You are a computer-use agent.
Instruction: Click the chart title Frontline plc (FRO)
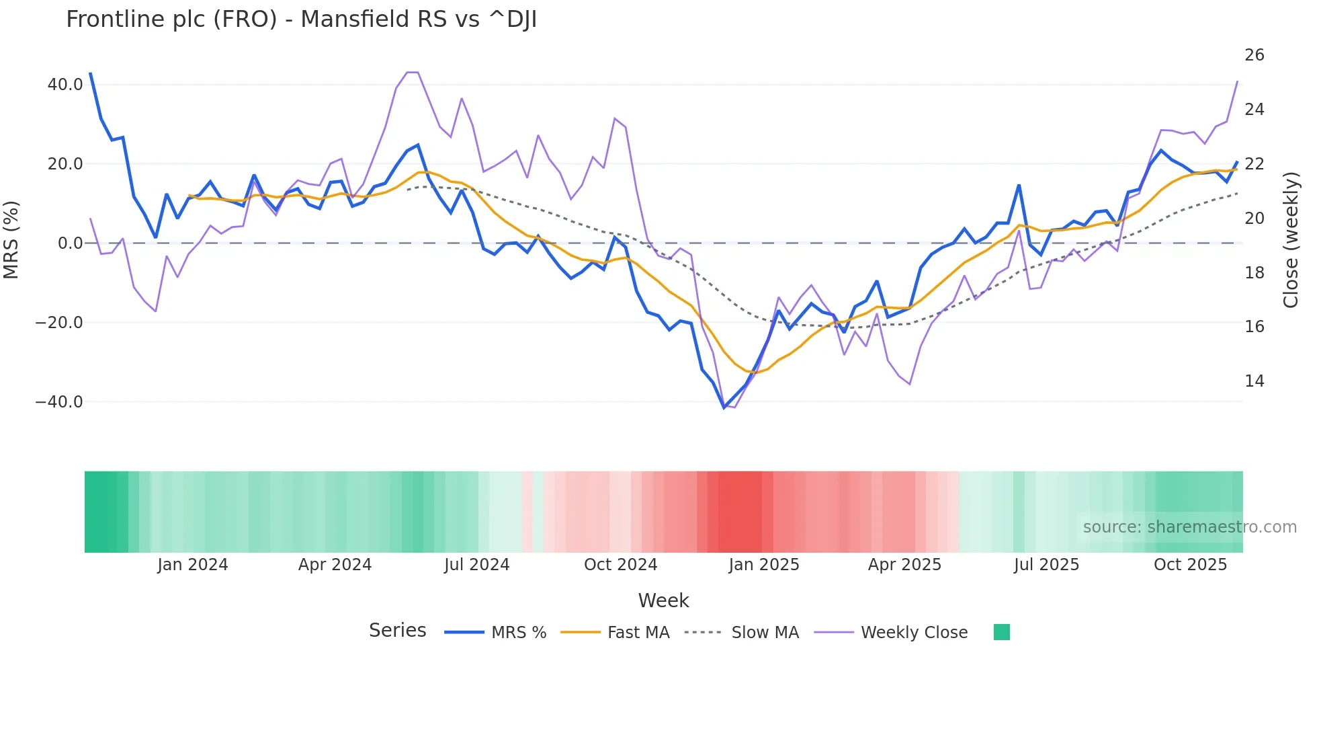pyautogui.click(x=301, y=19)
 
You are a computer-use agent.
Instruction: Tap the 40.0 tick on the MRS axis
pyautogui.click(x=65, y=85)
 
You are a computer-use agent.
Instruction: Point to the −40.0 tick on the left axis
pyautogui.click(x=59, y=402)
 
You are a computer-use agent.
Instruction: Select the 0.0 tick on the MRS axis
pyautogui.click(x=70, y=243)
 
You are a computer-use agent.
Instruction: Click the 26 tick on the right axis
pyautogui.click(x=1254, y=55)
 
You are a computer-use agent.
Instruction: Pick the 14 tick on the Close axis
pyautogui.click(x=1254, y=381)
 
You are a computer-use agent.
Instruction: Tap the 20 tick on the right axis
pyautogui.click(x=1254, y=219)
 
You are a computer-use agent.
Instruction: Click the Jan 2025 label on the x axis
pyautogui.click(x=763, y=565)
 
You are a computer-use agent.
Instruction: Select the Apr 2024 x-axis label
pyautogui.click(x=335, y=565)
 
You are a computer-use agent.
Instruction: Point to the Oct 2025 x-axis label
pyautogui.click(x=1190, y=565)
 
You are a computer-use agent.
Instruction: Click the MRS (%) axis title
pyautogui.click(x=11, y=239)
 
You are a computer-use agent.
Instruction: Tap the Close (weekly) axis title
pyautogui.click(x=1290, y=239)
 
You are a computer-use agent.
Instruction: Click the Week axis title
pyautogui.click(x=663, y=600)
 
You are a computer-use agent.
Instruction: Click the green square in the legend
pyautogui.click(x=1001, y=632)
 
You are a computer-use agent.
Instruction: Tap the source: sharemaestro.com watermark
pyautogui.click(x=1189, y=527)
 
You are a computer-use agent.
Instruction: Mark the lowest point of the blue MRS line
pyautogui.click(x=724, y=407)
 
